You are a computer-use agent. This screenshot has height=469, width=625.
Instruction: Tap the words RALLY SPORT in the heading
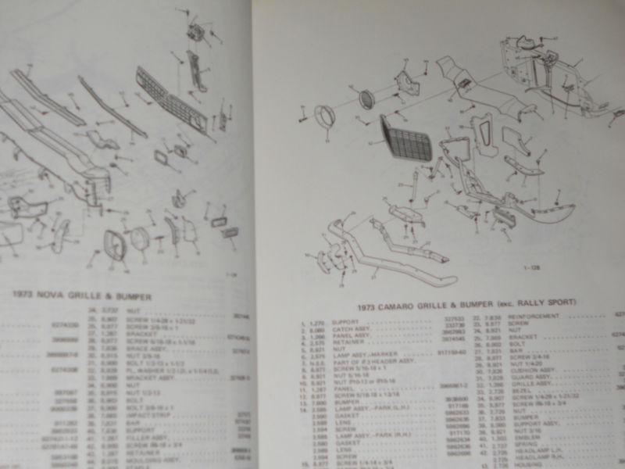tap(547, 301)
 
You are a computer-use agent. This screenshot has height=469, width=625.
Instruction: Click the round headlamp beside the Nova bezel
tap(141, 238)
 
